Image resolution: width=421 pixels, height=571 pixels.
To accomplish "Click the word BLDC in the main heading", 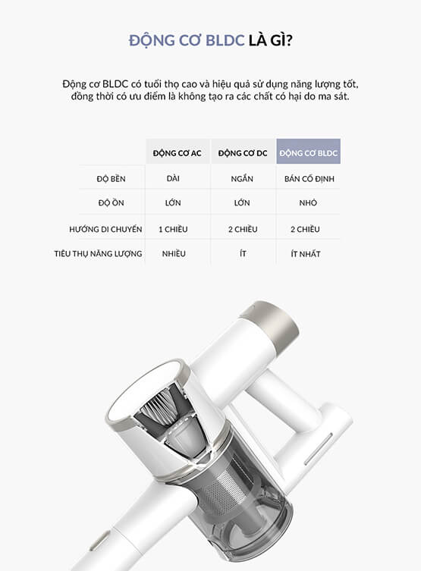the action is pos(225,40).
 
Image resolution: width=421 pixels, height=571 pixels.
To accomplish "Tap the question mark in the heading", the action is pos(289,40).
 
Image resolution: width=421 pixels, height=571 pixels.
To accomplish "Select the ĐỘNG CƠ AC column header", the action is pos(178,153).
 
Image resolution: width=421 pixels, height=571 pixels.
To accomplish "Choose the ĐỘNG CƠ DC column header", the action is pos(243,153).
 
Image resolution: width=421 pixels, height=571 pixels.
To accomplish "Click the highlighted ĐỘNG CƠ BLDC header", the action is pos(309,152).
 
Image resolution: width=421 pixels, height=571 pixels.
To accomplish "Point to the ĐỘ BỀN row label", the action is pos(111,178).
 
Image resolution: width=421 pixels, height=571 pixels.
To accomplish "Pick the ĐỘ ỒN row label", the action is pos(111,202).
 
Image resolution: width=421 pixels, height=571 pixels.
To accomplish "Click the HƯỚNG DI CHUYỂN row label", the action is pos(105,229).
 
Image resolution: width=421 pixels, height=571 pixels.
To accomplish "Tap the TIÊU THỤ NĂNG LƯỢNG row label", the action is pos(98,253).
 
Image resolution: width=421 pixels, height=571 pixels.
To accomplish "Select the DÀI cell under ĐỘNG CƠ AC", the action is pos(173,178).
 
